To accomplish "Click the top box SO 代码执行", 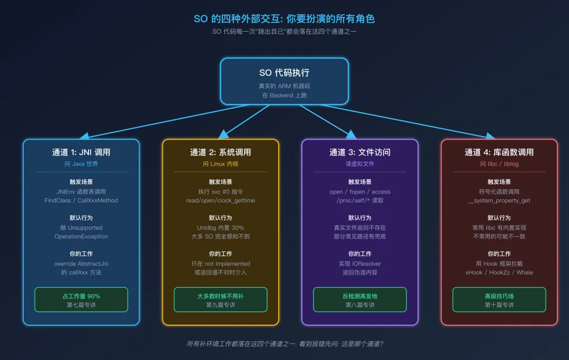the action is pos(284,81).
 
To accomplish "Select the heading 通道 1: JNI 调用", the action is pos(81,152).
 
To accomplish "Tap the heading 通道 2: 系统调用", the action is pos(220,152).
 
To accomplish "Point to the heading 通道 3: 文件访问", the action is pos(360,152).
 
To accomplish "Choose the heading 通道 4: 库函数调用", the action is pos(499,152).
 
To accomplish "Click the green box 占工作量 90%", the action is pos(81,299).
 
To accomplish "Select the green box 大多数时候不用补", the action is pos(220,299).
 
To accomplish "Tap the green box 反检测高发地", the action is pos(360,299).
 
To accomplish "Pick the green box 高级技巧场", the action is pos(499,299).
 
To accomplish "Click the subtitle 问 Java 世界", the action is pos(81,164).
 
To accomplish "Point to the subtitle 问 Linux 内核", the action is pos(220,164).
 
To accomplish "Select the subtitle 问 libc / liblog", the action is pos(499,164).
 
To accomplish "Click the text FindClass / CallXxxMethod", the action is pos(81,200).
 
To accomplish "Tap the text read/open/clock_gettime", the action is pos(220,200).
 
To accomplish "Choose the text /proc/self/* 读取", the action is pos(360,200).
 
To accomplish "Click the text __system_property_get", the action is pos(499,200).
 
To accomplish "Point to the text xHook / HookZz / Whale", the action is pos(499,273).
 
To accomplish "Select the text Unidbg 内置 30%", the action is pos(220,228).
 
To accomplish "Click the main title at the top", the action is pos(284,19).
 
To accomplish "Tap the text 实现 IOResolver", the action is pos(360,264).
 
